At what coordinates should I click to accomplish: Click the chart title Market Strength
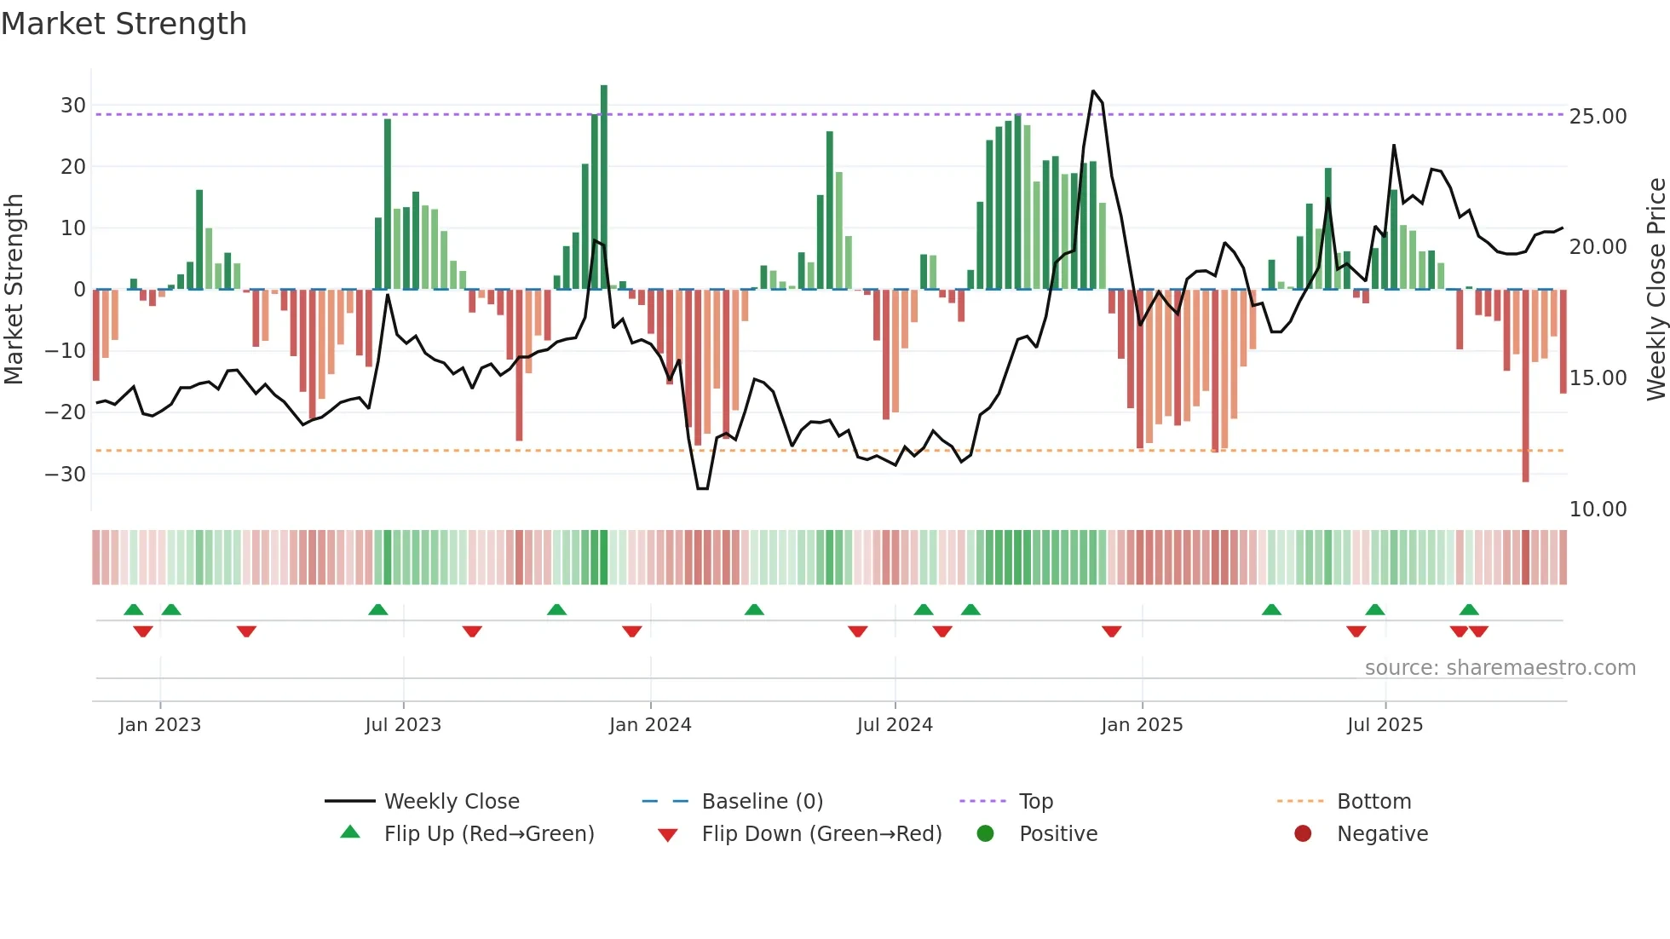click(x=124, y=24)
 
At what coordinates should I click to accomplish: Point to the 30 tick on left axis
click(x=73, y=106)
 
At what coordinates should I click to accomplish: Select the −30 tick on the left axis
click(x=66, y=474)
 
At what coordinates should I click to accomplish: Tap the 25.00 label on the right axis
click(x=1598, y=117)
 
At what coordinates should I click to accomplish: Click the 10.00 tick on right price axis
click(x=1598, y=510)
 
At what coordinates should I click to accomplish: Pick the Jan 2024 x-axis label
click(x=650, y=725)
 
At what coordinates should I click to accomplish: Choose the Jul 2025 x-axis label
click(x=1385, y=725)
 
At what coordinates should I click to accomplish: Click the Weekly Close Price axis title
click(x=1656, y=290)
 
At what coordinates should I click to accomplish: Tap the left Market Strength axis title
click(x=14, y=290)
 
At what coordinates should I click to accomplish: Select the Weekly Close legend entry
click(x=451, y=802)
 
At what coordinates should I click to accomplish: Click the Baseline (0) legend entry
click(x=762, y=802)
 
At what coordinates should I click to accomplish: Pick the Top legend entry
click(x=1035, y=802)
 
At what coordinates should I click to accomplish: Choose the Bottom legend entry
click(x=1373, y=802)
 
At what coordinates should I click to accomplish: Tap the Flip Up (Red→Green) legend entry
click(x=488, y=834)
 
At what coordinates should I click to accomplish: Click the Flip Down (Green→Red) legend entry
click(x=821, y=834)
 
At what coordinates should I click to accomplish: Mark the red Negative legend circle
click(x=1303, y=834)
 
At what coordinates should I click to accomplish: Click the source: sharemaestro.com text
click(x=1500, y=668)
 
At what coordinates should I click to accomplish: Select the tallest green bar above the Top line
click(x=604, y=98)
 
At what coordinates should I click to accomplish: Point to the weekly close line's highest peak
click(x=1093, y=90)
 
